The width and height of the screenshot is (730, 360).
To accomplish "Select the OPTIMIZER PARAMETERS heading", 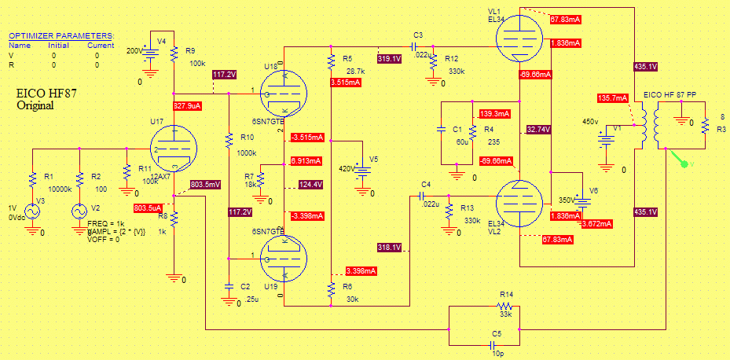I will tap(61, 35).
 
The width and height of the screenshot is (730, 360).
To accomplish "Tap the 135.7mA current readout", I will tap(613, 98).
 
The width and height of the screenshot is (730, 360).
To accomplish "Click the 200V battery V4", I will tap(150, 53).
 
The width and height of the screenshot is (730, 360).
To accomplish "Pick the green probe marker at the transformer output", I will tap(683, 163).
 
